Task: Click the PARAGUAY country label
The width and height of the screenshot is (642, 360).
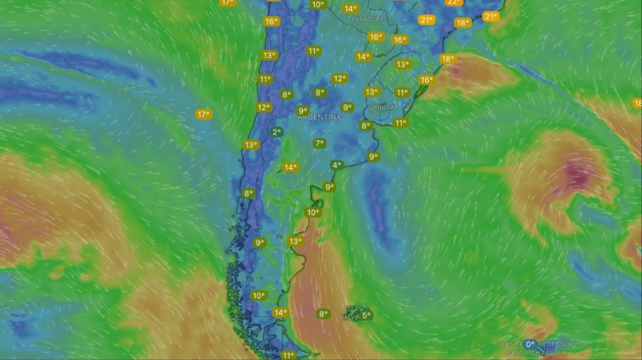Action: click(367, 19)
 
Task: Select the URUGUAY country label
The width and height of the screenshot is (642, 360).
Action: click(384, 107)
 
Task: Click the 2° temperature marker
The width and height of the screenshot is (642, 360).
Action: click(277, 132)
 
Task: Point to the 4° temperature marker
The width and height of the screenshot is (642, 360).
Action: click(337, 165)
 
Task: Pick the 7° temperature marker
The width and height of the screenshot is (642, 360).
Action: click(320, 143)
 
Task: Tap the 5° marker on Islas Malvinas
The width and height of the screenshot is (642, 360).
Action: click(367, 314)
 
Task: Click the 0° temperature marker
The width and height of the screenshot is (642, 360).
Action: click(531, 344)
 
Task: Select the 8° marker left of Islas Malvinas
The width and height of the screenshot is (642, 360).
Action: click(323, 314)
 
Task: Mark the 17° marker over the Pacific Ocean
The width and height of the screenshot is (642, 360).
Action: click(203, 114)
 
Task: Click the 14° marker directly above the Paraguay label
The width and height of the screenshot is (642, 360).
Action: click(350, 9)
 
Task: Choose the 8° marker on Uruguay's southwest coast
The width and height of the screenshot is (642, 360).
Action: click(366, 125)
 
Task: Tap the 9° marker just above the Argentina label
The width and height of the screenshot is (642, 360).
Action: click(347, 108)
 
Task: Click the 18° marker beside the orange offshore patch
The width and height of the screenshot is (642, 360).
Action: click(447, 59)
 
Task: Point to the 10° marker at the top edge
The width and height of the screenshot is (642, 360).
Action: click(317, 4)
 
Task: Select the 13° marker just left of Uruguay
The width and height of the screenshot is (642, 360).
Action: click(372, 92)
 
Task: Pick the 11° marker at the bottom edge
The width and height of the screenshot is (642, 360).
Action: click(288, 355)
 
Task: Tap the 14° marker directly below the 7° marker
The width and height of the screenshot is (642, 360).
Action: click(290, 168)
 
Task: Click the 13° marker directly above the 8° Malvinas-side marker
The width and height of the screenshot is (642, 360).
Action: click(295, 242)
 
